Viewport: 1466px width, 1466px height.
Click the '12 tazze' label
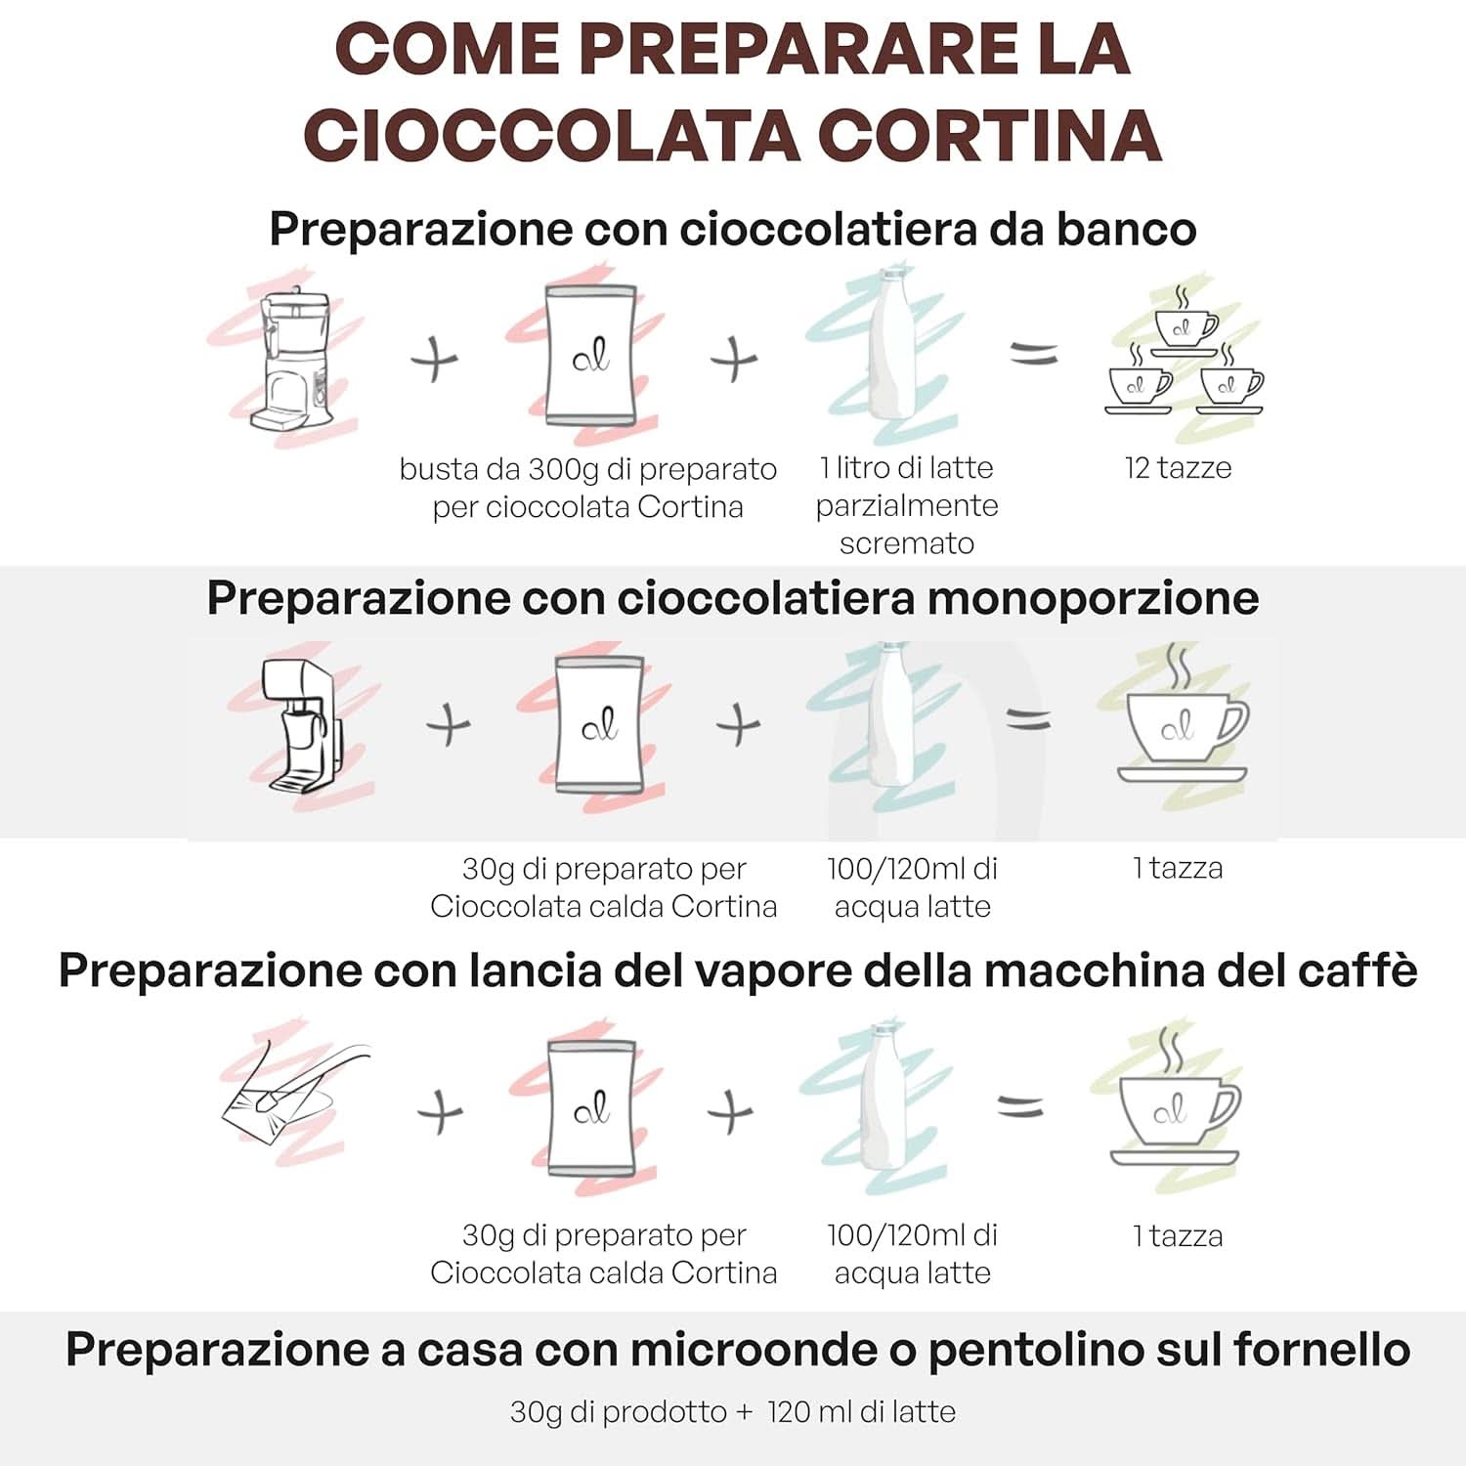pos(1178,468)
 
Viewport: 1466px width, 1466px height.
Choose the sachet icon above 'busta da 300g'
pos(590,354)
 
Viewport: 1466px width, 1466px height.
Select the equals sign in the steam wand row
pos(1020,1107)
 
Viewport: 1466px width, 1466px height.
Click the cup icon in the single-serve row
pos(1183,728)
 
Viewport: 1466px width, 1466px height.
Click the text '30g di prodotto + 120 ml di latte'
pos(732,1412)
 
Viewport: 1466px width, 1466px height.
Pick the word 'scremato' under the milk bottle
pos(906,543)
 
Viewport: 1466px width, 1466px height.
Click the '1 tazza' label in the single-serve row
pos(1178,868)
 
